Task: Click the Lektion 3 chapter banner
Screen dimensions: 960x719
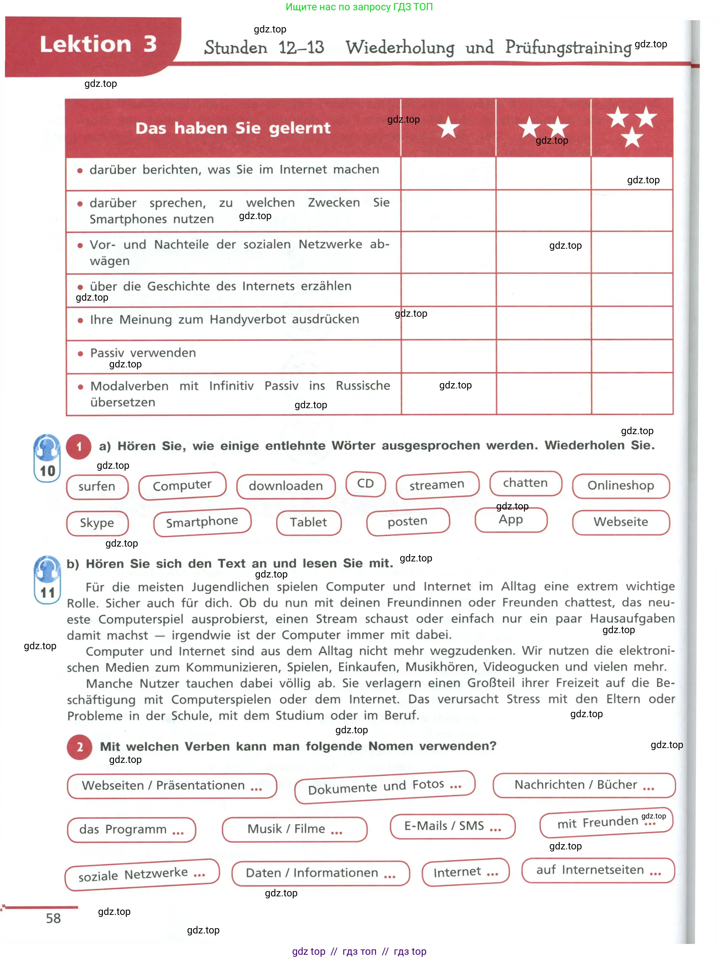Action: coord(93,45)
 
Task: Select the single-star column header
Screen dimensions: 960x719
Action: coord(448,128)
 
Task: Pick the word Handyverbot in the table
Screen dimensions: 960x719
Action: coord(248,320)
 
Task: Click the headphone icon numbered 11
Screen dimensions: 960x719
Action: coord(47,579)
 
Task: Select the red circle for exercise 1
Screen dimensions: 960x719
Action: coord(79,446)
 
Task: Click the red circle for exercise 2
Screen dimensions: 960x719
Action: coord(79,747)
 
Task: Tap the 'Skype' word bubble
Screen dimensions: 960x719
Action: coord(97,523)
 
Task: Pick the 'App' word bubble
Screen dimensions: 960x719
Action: coord(511,520)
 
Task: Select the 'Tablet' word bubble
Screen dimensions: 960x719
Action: coord(308,522)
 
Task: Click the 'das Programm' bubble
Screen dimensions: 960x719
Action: coord(131,829)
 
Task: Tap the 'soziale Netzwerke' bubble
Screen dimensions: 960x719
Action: coord(142,874)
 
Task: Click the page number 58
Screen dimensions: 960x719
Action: coord(53,918)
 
